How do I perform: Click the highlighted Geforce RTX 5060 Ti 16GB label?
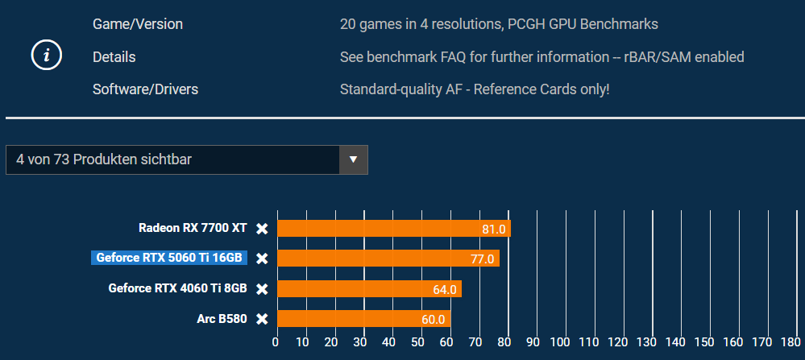[x=168, y=259]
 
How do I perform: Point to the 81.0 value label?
[x=493, y=230]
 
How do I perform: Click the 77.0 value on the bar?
[x=482, y=259]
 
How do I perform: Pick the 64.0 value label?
[x=445, y=289]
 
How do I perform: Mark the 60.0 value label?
[x=433, y=320]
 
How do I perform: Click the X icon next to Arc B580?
[x=262, y=319]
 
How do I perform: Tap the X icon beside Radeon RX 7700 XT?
[x=262, y=229]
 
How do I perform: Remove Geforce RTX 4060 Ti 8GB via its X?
[x=262, y=289]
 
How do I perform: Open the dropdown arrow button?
[x=353, y=159]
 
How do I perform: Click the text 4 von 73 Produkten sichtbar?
[x=104, y=159]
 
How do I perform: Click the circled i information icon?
[x=47, y=56]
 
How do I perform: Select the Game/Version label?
[x=138, y=24]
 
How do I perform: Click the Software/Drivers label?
[x=145, y=89]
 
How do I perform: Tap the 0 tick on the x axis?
[x=276, y=342]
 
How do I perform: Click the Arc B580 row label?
[x=222, y=319]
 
